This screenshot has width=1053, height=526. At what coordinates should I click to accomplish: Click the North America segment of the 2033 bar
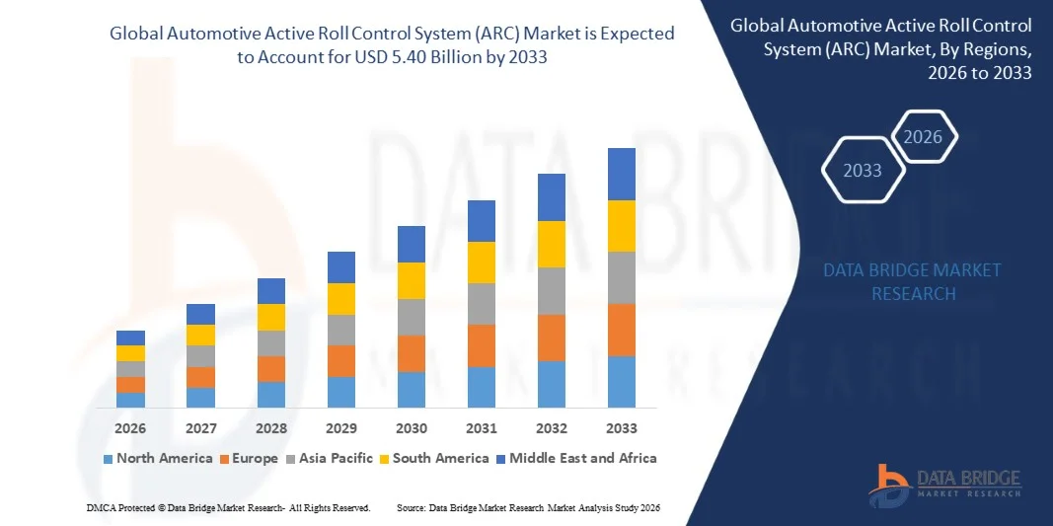click(621, 382)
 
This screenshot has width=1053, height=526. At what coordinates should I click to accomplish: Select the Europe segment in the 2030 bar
click(412, 353)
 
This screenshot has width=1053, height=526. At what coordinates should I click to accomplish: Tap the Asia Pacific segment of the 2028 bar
click(271, 343)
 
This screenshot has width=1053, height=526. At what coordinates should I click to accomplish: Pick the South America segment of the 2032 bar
click(551, 244)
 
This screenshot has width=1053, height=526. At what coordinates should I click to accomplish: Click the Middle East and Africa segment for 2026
click(130, 338)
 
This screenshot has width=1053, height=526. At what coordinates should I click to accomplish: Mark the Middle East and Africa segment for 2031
click(481, 221)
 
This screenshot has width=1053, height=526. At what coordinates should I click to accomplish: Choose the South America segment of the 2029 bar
click(341, 299)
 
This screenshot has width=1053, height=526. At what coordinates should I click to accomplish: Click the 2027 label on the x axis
click(200, 428)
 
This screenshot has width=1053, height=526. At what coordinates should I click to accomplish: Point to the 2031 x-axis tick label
click(481, 428)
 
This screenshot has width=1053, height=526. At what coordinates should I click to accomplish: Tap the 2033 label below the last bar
click(621, 428)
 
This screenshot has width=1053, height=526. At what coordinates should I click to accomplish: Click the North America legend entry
click(157, 458)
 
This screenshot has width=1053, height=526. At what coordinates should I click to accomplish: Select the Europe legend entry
click(248, 458)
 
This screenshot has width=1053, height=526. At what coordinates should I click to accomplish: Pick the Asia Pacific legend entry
click(329, 458)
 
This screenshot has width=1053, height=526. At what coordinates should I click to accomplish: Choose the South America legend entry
click(433, 458)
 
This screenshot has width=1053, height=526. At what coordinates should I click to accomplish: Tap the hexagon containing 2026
click(924, 137)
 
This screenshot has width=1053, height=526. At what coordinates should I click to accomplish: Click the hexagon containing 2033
click(863, 171)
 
